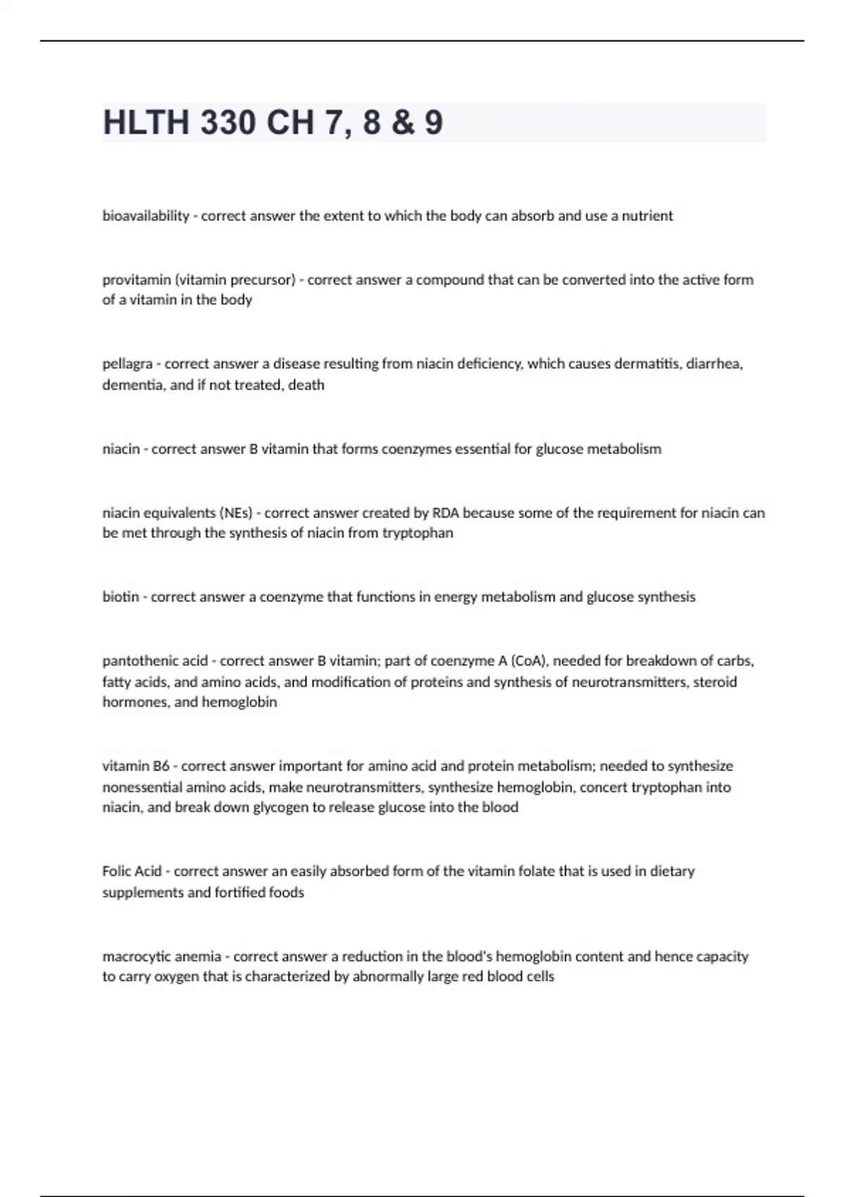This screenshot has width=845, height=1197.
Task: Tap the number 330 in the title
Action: (227, 123)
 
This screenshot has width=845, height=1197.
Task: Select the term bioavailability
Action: (146, 216)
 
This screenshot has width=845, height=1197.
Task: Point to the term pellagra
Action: (127, 364)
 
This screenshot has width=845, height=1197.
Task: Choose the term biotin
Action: (120, 597)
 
